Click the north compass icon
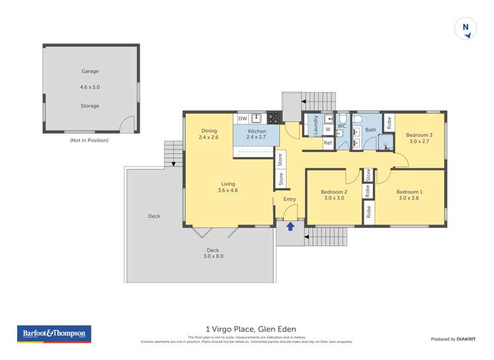click(466, 28)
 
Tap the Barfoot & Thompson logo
click(55, 334)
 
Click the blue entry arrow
click(289, 227)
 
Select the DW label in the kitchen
click(242, 119)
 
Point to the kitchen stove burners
click(273, 118)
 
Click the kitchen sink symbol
click(256, 118)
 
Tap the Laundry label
click(316, 125)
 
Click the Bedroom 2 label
click(334, 192)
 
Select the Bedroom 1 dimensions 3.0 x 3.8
click(409, 198)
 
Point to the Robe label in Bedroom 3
click(389, 122)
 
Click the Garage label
click(90, 71)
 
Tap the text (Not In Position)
click(89, 140)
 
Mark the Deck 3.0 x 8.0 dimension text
click(212, 256)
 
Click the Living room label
click(228, 184)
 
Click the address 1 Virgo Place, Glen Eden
click(251, 329)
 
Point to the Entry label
click(289, 199)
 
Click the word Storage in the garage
click(90, 105)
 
